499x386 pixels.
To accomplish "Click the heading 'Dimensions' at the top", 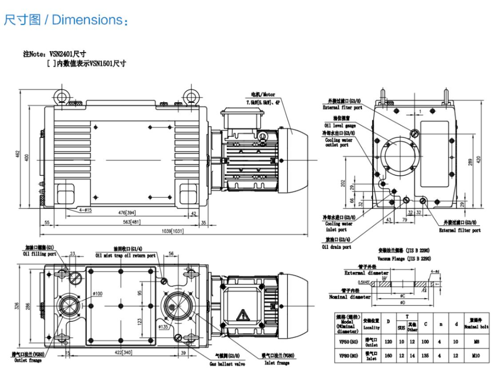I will pos(89,20).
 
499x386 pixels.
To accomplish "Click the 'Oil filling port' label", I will pos(40,254).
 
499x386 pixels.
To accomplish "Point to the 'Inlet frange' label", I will pos(277,362).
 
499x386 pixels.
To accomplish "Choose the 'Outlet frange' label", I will pos(27,360).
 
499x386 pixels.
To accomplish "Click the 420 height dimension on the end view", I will pos(478,159).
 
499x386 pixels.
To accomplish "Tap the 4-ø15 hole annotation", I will pos(83,210).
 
